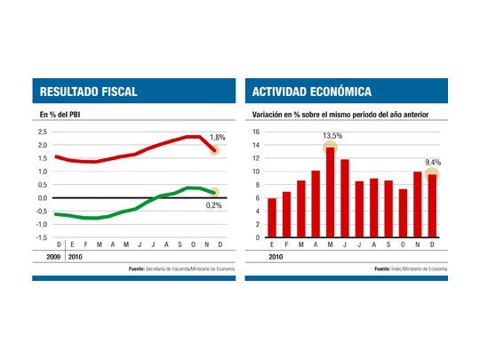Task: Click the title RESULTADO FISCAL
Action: pos(88,92)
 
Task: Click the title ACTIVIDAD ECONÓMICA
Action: pos(312,92)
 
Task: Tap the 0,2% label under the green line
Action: pos(215,204)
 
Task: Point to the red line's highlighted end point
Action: pos(214,150)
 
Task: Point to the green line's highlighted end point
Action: pos(214,192)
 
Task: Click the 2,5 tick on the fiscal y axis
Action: pos(42,132)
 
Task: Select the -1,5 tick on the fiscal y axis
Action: pos(42,237)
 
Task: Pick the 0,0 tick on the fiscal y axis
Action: pos(42,198)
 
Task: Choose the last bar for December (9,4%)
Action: pos(432,206)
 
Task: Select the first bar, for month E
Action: pos(272,218)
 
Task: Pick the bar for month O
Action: pos(403,213)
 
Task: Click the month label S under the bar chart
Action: pos(388,245)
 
